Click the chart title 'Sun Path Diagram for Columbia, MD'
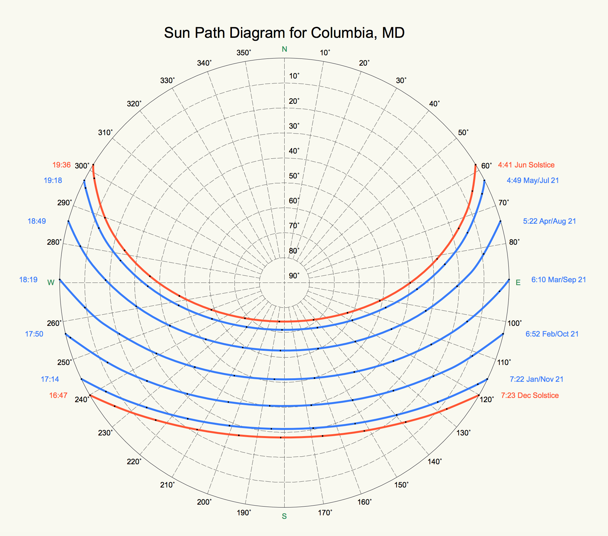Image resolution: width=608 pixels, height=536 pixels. [284, 33]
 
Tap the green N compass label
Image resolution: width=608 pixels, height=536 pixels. [284, 49]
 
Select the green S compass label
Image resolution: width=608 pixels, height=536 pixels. [284, 516]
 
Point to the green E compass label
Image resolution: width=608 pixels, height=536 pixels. [518, 283]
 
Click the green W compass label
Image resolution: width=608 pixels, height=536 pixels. [51, 283]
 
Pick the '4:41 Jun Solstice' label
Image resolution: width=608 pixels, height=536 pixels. [526, 165]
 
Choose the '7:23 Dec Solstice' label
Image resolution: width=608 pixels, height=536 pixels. [530, 395]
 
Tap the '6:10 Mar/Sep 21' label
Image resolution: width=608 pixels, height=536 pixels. [559, 280]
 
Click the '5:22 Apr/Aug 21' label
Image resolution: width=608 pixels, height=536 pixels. [549, 221]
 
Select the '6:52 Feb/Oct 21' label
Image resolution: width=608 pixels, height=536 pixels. [552, 334]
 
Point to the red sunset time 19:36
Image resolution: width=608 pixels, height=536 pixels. [61, 165]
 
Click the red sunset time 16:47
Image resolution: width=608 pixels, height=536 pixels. [58, 395]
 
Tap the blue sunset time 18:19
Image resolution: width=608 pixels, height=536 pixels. [28, 280]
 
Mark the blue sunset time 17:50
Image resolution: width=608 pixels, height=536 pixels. [34, 334]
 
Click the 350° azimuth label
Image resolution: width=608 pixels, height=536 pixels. [244, 53]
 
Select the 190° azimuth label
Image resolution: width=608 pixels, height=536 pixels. [244, 513]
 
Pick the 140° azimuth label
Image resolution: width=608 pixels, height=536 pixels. [434, 462]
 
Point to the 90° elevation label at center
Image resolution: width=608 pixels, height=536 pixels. [294, 275]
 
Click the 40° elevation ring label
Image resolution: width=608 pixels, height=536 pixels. [294, 151]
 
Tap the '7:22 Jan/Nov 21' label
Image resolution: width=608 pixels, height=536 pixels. [537, 379]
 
